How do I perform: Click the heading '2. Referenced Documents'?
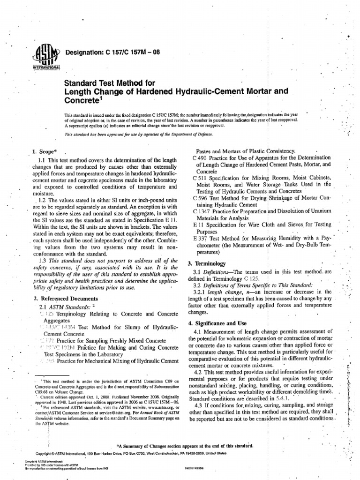click(x=65, y=299)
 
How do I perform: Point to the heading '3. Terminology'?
click(x=207, y=264)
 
